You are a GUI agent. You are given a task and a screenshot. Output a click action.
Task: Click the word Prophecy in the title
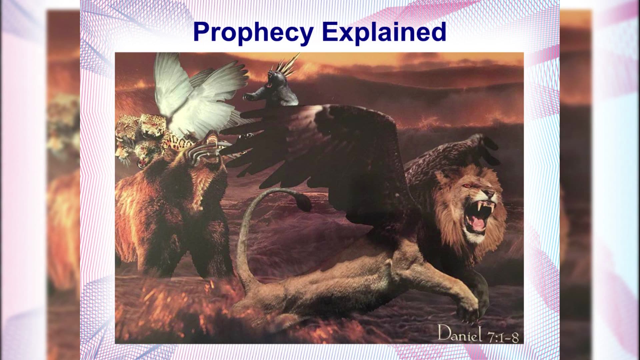pyautogui.click(x=253, y=32)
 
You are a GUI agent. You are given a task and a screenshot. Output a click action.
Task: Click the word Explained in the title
pyautogui.click(x=384, y=32)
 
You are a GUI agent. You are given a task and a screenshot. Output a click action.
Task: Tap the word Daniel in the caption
pyautogui.click(x=460, y=333)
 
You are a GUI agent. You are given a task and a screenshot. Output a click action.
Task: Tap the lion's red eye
pyautogui.click(x=467, y=186)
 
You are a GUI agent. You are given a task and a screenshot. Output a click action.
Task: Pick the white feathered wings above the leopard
pyautogui.click(x=197, y=97)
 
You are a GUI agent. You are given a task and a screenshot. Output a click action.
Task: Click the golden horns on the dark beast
pyautogui.click(x=287, y=65)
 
